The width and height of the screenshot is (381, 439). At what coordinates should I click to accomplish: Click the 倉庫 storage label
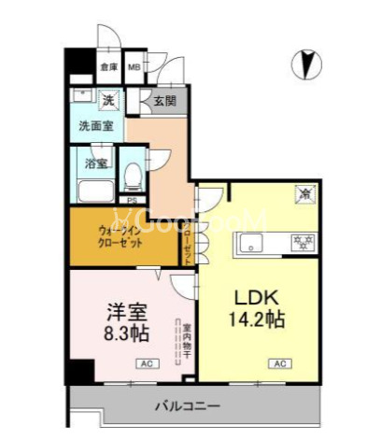(109, 67)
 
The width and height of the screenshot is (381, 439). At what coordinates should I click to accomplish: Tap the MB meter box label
(134, 67)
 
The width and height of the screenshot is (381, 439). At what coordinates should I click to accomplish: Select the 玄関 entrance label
(164, 100)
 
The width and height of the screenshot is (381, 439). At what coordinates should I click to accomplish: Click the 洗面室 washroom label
(95, 125)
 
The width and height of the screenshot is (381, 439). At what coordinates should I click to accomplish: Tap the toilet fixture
(134, 176)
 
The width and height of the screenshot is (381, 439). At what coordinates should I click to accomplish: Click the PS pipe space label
(132, 200)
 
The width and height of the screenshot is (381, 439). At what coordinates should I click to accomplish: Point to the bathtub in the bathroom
(95, 191)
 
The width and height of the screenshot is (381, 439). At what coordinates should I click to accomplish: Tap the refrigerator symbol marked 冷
(303, 194)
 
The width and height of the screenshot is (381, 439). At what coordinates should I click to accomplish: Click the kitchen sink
(253, 245)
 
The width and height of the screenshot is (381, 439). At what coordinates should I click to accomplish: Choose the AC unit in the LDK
(278, 362)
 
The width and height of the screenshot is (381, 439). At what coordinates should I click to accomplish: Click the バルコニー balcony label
(187, 407)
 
